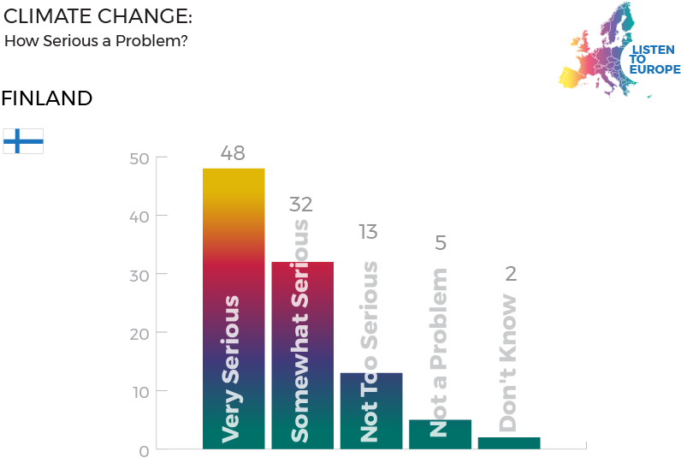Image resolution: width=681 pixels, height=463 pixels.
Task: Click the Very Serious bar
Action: click(x=234, y=308)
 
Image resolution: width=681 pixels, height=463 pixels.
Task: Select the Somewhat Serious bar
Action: click(x=302, y=355)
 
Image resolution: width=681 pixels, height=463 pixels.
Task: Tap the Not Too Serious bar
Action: click(x=370, y=410)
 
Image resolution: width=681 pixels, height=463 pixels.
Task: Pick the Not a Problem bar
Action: click(x=440, y=434)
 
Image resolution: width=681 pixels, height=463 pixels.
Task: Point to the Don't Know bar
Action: click(x=508, y=442)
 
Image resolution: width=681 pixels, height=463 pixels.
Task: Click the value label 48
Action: click(x=233, y=153)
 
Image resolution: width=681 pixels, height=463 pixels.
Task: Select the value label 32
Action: click(x=301, y=205)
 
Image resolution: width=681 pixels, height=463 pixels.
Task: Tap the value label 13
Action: click(x=368, y=232)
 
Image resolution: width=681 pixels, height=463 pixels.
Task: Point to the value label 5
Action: click(x=441, y=243)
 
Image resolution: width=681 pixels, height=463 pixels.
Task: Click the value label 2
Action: click(x=511, y=274)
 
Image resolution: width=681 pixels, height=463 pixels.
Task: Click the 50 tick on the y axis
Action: click(x=139, y=158)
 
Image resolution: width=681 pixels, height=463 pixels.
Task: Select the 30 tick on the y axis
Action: click(x=139, y=275)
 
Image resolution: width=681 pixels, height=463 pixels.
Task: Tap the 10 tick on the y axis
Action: click(x=139, y=392)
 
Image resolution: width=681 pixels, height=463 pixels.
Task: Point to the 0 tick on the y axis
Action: click(x=145, y=450)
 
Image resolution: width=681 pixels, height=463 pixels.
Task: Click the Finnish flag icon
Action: click(x=23, y=141)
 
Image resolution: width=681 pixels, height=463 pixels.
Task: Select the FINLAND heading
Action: click(x=46, y=98)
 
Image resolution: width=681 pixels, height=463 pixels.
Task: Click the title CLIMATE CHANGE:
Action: click(x=98, y=16)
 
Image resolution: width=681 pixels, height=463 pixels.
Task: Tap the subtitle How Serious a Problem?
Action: click(x=96, y=40)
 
